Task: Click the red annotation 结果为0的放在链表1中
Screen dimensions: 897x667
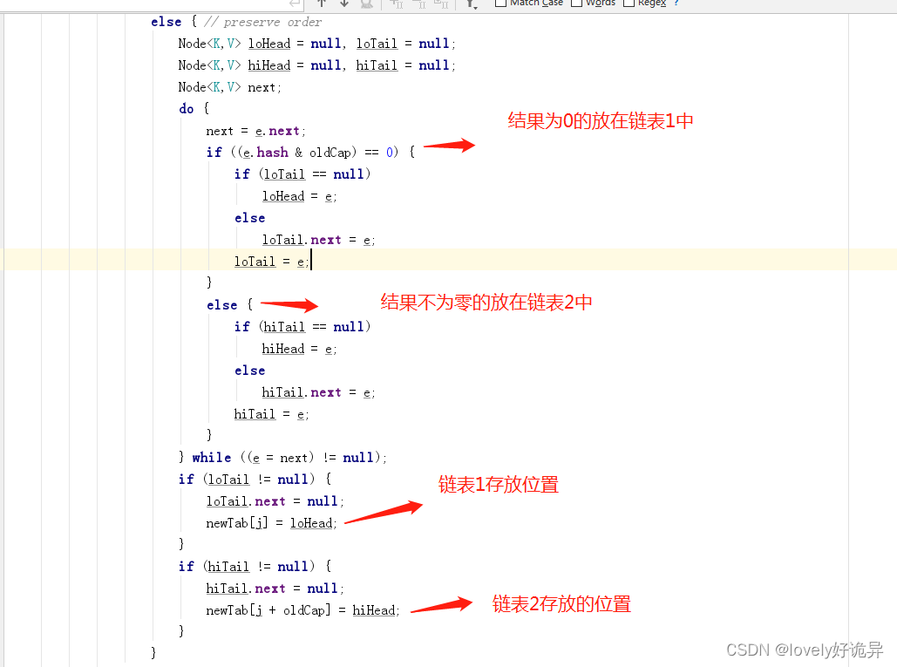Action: coord(601,121)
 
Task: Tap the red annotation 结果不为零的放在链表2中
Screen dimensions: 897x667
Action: coord(486,303)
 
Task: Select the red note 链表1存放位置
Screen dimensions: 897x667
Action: coord(498,485)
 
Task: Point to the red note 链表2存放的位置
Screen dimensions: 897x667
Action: coord(561,603)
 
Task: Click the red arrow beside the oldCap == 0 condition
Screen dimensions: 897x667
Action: coord(449,146)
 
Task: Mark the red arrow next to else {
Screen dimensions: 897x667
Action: coord(289,304)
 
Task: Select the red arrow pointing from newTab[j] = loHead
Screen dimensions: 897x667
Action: coord(384,511)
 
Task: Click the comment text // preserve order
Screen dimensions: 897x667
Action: coord(263,22)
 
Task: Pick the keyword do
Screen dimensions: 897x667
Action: coord(187,109)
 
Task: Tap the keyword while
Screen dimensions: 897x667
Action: coord(212,458)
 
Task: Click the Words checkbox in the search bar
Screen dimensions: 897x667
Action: coord(577,3)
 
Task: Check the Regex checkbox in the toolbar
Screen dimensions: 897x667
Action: coord(629,3)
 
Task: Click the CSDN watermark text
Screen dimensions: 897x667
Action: coord(804,650)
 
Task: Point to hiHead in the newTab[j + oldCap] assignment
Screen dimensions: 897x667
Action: coord(374,610)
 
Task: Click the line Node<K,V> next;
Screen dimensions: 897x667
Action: coord(229,87)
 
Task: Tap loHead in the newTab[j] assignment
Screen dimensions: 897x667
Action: coord(311,523)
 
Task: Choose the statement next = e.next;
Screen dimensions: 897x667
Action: coord(253,131)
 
